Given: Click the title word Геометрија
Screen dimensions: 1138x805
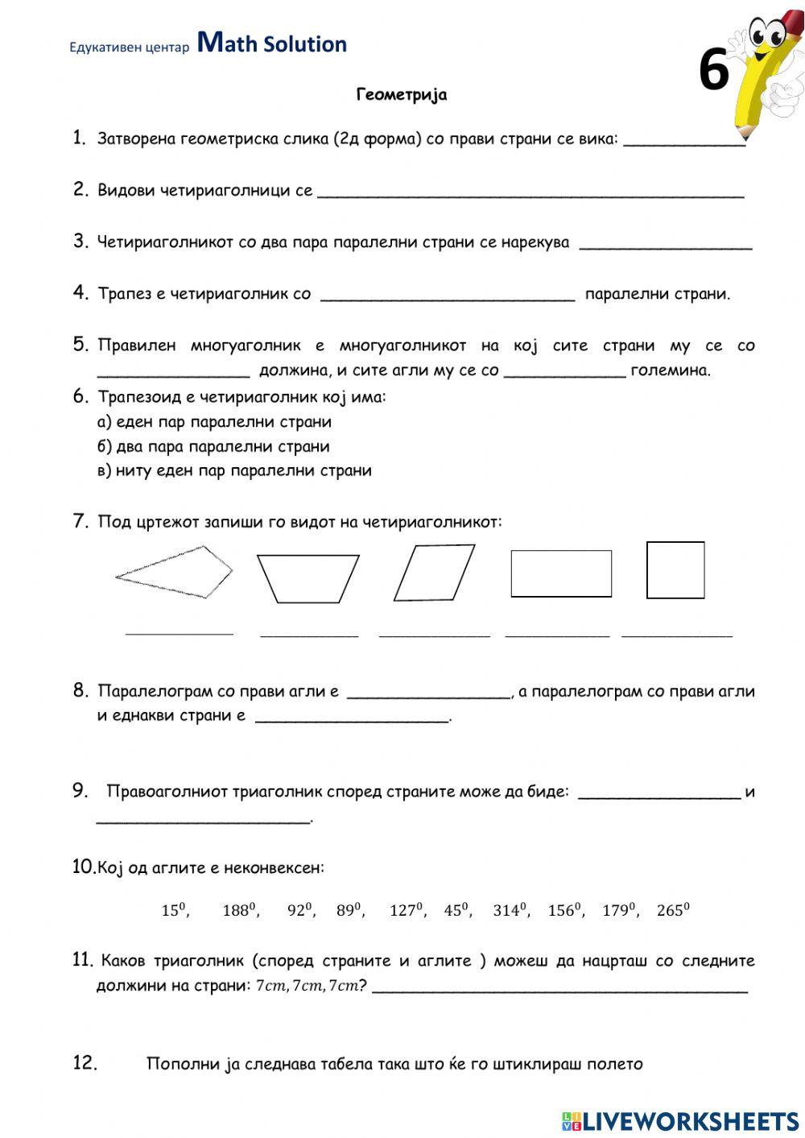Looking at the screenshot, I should (x=402, y=95).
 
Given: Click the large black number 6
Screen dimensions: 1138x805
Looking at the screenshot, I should (x=713, y=71).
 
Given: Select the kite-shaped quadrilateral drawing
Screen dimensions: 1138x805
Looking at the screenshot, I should (x=175, y=572).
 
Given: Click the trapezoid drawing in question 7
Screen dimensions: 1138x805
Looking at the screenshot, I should (x=308, y=578).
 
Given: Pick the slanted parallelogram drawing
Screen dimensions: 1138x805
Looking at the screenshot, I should (x=434, y=573).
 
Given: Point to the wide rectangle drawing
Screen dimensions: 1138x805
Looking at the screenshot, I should (x=561, y=573).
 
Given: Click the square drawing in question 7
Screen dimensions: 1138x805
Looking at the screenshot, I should (x=675, y=570).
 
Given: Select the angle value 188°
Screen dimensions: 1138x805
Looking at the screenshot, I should (x=239, y=910).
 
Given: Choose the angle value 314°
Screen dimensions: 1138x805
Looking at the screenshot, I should (x=510, y=910).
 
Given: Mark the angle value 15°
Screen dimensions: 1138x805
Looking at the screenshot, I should (x=174, y=910).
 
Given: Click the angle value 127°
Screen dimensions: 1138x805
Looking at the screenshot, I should (x=407, y=910).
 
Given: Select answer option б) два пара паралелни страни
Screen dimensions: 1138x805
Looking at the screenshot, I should (x=213, y=446).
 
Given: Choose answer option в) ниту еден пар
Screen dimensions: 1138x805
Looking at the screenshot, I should (x=234, y=470).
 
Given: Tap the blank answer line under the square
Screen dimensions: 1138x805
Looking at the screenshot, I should (x=676, y=635).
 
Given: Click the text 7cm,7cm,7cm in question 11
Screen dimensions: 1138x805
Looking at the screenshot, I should (x=306, y=986).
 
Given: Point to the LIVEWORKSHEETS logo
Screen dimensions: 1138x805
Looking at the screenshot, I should (x=680, y=1120).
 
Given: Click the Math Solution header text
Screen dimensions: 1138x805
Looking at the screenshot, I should (x=272, y=43).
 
